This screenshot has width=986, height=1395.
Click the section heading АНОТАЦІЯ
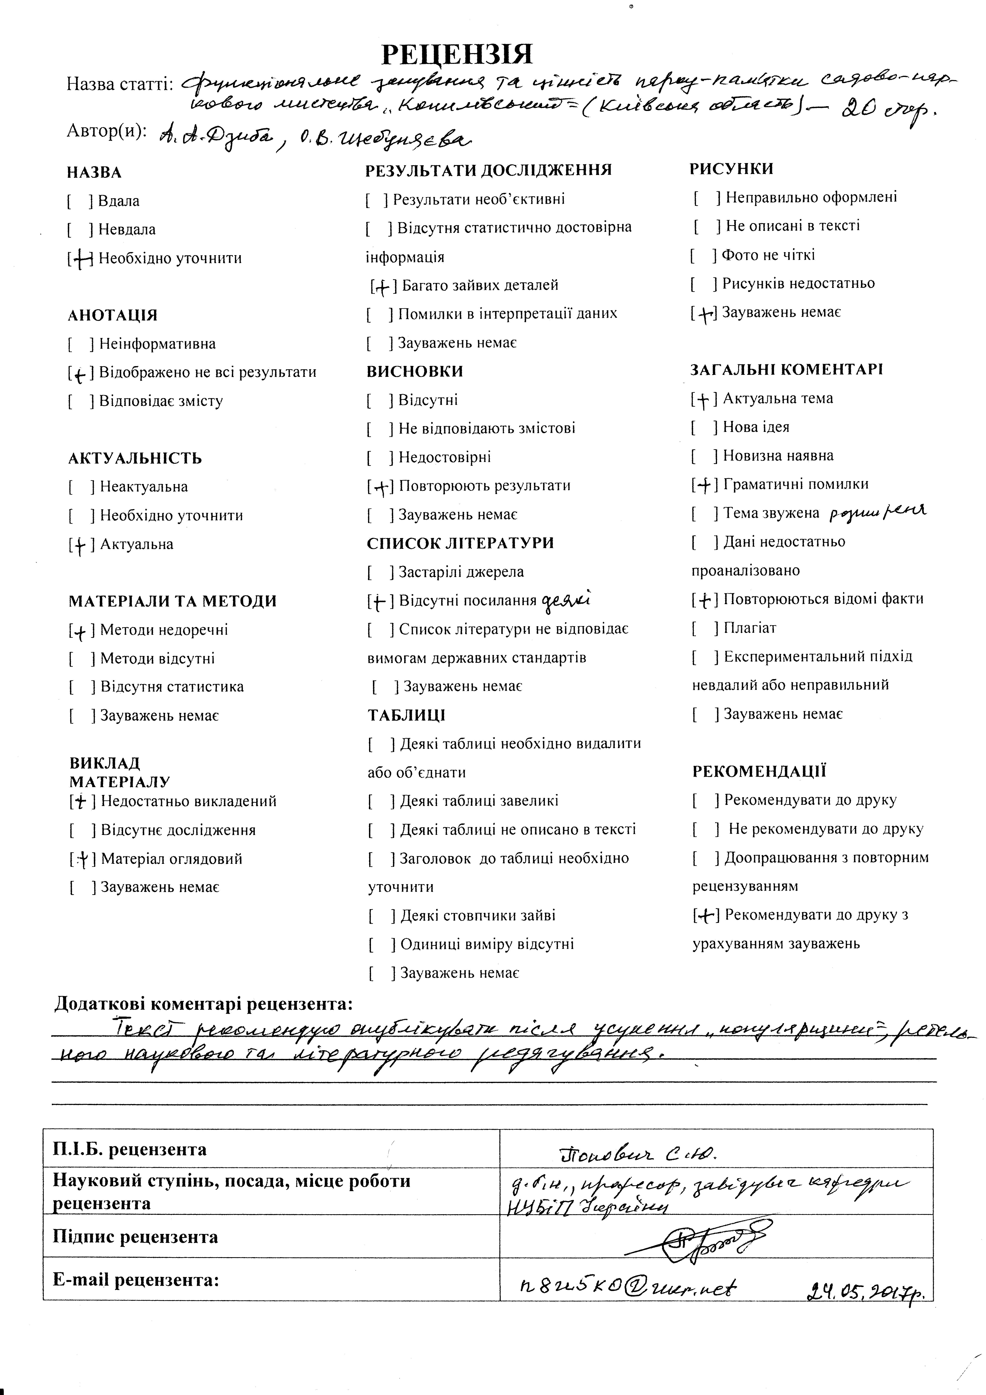(112, 315)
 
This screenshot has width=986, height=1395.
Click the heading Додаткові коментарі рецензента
(204, 1004)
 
